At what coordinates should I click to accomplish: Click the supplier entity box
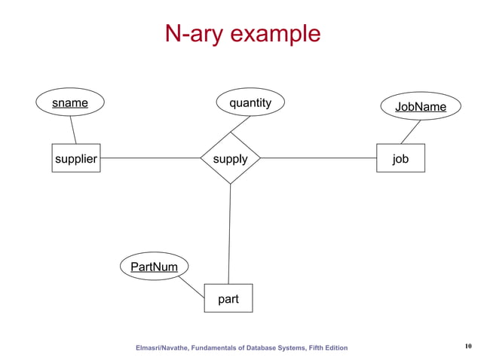75,158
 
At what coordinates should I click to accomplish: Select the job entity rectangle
400,158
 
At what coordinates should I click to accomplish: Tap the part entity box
228,298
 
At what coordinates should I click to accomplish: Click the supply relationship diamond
230,158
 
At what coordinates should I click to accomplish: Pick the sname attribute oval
69,103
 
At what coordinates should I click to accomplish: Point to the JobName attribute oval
420,107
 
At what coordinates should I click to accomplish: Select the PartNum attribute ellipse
154,267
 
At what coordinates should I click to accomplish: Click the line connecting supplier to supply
150,158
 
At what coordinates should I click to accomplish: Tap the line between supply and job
317,158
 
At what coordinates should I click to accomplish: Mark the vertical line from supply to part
229,233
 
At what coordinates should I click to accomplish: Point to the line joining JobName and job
410,133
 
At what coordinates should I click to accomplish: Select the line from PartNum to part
191,286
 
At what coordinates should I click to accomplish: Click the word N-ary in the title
195,34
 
